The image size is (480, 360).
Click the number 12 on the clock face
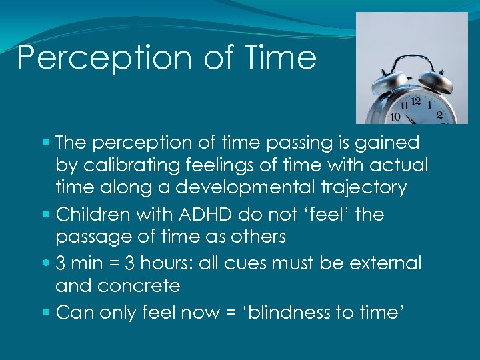point(416,101)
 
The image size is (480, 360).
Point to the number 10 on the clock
point(395,117)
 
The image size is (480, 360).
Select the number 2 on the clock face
point(439,115)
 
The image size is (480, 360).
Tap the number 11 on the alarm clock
point(402,106)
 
